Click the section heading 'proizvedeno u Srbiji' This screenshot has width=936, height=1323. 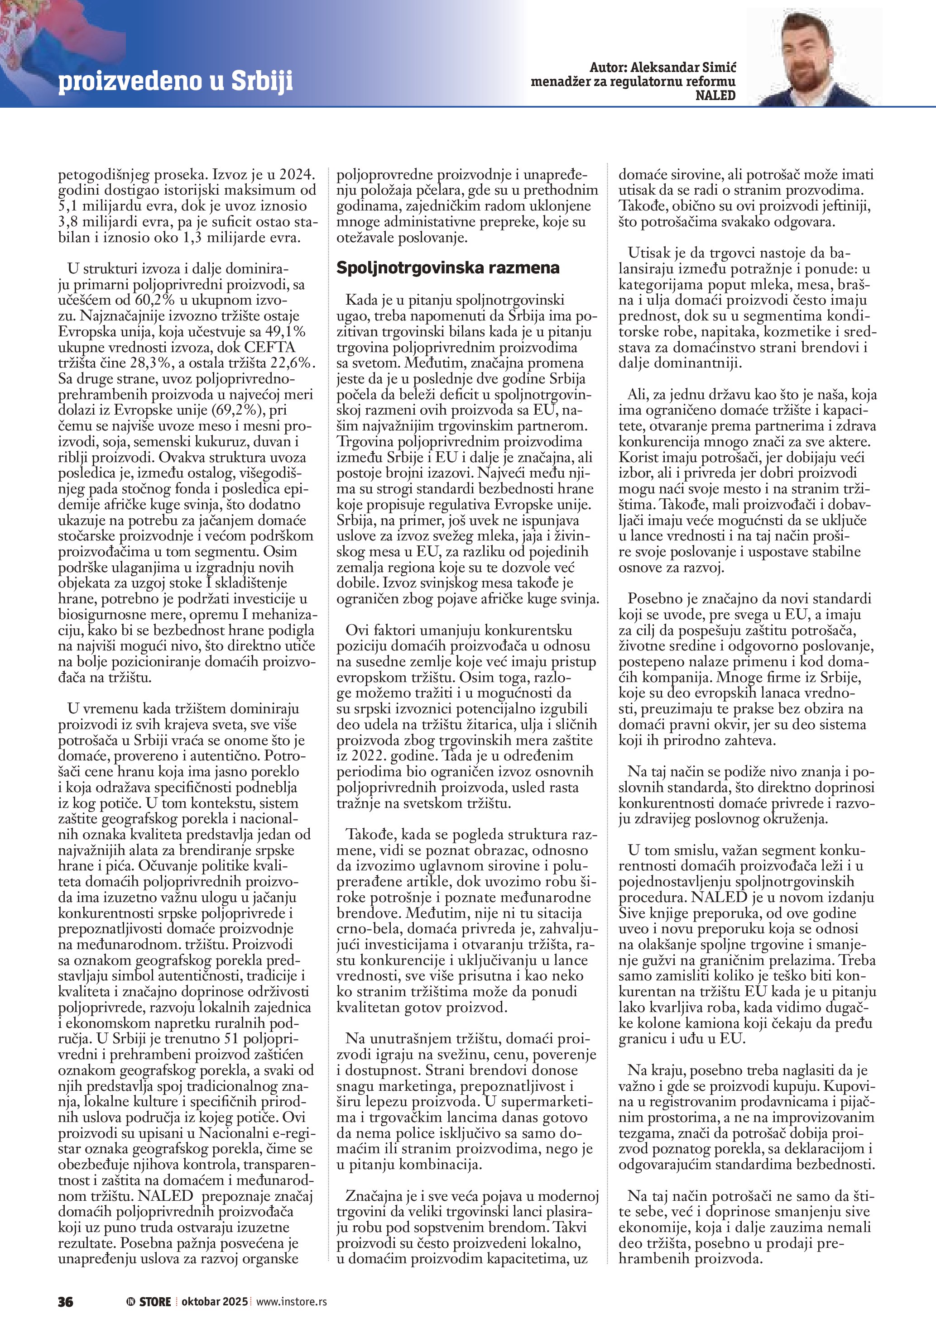pos(175,81)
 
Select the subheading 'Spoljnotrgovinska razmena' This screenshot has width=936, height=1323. pos(448,268)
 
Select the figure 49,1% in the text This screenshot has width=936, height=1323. pos(285,332)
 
